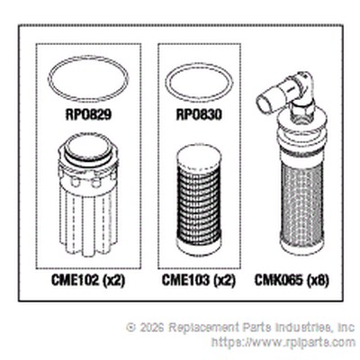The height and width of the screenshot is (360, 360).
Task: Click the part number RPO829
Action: point(88,114)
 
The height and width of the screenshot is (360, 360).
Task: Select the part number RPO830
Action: point(199,114)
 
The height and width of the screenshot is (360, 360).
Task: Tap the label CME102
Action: point(75,281)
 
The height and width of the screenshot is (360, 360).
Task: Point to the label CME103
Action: point(185,281)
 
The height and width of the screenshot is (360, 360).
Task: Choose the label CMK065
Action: point(279,281)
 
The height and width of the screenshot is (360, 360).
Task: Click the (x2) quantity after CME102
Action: point(113,281)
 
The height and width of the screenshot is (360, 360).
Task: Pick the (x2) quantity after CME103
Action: point(224,281)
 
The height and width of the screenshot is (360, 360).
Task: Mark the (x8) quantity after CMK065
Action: point(318,281)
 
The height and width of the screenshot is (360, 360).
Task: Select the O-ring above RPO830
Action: point(199,70)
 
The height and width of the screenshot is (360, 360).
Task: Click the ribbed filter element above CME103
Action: point(199,201)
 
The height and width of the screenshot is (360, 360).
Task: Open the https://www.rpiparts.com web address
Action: point(283,342)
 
